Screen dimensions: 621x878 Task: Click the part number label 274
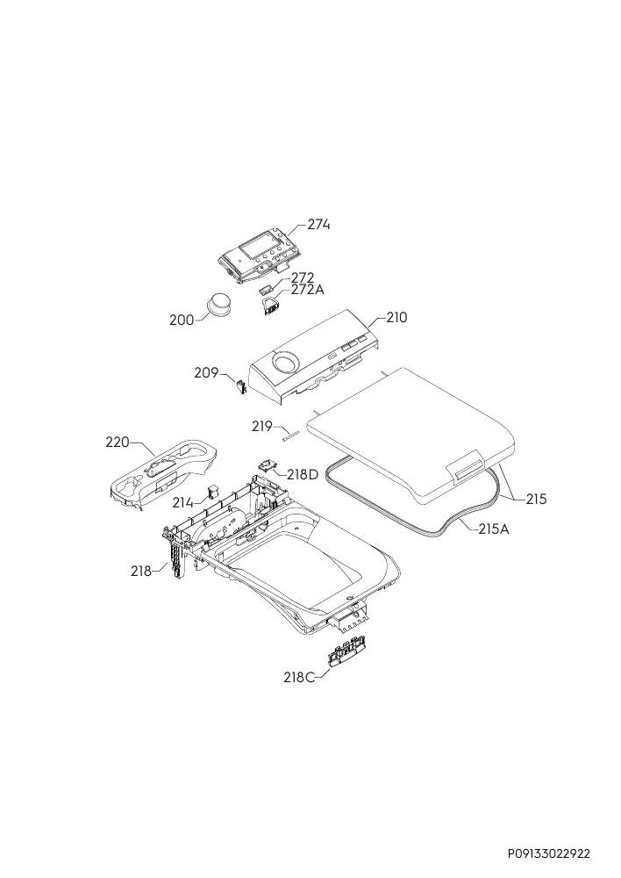pyautogui.click(x=319, y=225)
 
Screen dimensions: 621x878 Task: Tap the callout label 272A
pyautogui.click(x=307, y=290)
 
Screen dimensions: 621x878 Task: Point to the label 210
pyautogui.click(x=396, y=318)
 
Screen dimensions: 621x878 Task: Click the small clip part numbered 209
pyautogui.click(x=240, y=386)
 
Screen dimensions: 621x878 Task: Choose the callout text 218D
pyautogui.click(x=303, y=475)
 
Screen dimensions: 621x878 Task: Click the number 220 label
pyautogui.click(x=118, y=443)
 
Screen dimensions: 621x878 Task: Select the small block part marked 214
pyautogui.click(x=212, y=491)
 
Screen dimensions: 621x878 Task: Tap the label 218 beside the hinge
pyautogui.click(x=141, y=572)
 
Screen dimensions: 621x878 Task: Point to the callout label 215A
pyautogui.click(x=494, y=529)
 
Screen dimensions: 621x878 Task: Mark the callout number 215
pyautogui.click(x=536, y=499)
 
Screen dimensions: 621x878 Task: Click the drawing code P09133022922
pyautogui.click(x=549, y=854)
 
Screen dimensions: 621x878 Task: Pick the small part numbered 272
pyautogui.click(x=266, y=289)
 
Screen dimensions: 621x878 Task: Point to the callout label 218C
pyautogui.click(x=299, y=678)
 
